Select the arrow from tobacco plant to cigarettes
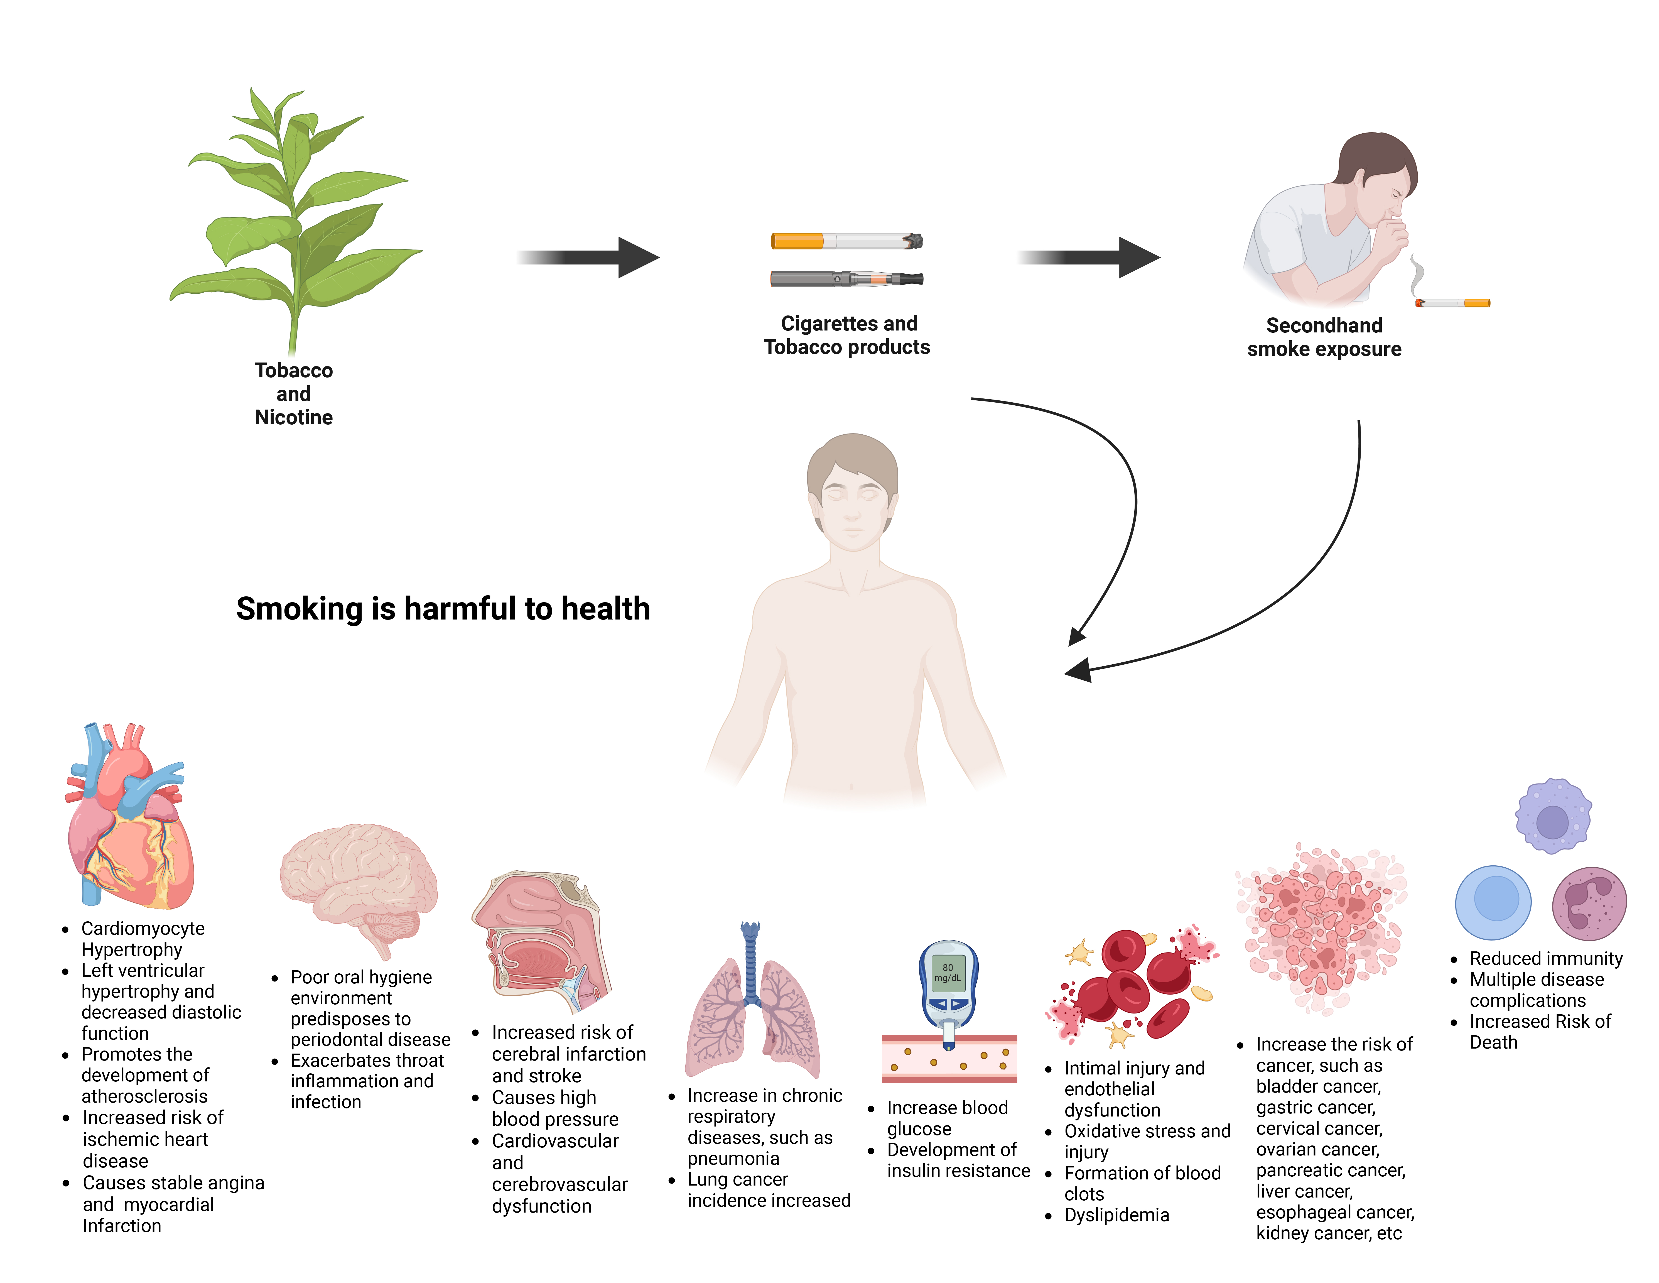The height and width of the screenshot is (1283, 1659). tap(589, 258)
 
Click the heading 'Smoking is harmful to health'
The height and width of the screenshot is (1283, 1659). tap(443, 608)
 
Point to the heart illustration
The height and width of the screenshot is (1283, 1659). tap(129, 821)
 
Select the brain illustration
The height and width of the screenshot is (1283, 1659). tap(359, 881)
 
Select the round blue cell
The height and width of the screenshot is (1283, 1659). tap(1493, 902)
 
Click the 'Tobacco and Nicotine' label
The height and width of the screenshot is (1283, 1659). tap(294, 393)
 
